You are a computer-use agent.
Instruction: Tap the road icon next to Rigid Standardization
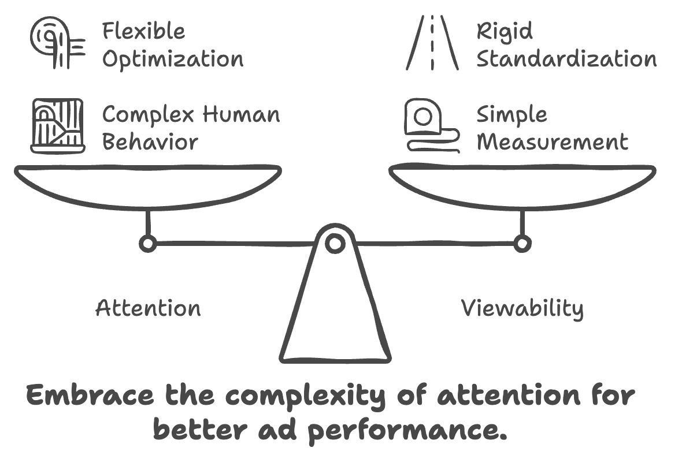tap(432, 42)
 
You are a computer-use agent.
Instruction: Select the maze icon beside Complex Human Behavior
tap(57, 125)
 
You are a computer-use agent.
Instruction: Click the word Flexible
tap(144, 31)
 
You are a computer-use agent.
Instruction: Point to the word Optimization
tap(173, 59)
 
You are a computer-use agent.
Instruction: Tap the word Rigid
tap(504, 32)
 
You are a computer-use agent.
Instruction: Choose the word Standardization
tap(566, 59)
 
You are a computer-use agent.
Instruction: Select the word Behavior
tap(150, 142)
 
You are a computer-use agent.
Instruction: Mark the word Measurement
tap(553, 142)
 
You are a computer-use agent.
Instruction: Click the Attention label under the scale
tap(149, 308)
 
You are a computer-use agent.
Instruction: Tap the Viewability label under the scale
tap(522, 309)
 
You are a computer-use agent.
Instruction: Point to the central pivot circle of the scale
tap(335, 243)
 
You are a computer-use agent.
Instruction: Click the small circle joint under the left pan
tap(148, 244)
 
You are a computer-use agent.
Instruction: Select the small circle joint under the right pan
tap(522, 244)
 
